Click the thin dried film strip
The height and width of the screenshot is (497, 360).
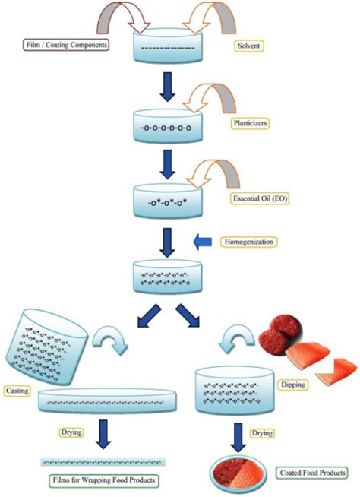(104, 462)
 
